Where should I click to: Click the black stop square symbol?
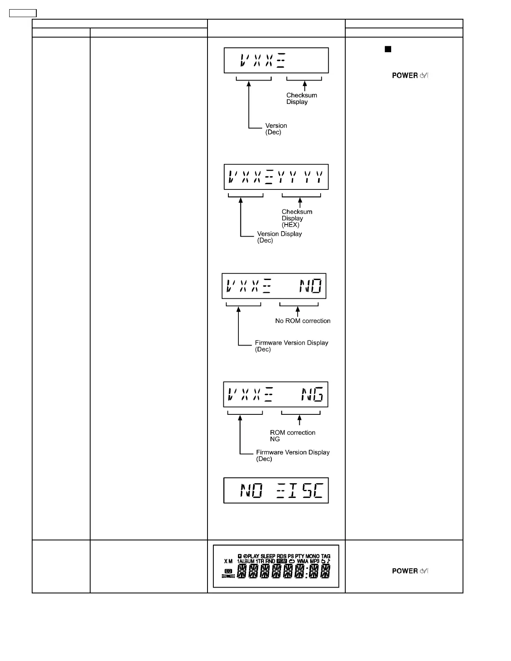[388, 49]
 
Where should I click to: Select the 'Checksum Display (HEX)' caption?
[297, 218]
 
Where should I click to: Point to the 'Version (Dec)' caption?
[276, 129]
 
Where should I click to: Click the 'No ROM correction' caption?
[303, 321]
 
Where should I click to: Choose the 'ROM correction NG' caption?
[293, 436]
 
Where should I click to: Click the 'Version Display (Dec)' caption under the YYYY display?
[279, 237]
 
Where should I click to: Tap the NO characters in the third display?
[311, 286]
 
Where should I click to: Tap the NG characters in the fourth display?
[312, 394]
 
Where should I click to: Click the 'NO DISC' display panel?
[276, 491]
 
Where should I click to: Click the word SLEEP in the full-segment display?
[268, 556]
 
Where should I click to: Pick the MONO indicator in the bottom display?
[312, 556]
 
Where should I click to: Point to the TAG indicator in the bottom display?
[326, 556]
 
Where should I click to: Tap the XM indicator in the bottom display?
[228, 562]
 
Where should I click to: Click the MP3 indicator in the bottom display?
[315, 562]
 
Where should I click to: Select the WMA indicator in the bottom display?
[303, 562]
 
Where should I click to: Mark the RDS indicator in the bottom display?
[281, 556]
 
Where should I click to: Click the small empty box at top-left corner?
[23, 13]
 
